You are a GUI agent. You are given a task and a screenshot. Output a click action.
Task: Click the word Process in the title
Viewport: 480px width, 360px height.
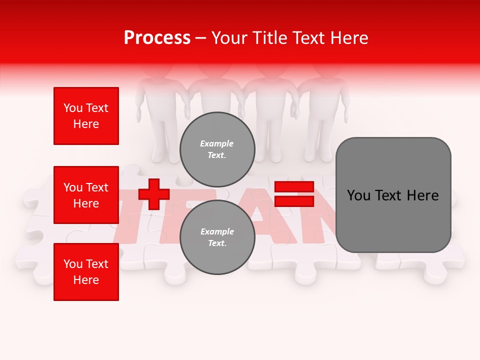157,38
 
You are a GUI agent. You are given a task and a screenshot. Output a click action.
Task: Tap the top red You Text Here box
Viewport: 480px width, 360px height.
86,116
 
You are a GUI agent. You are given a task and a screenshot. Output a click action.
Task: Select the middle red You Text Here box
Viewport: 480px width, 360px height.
86,195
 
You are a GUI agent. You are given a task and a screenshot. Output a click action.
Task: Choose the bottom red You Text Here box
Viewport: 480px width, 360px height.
86,272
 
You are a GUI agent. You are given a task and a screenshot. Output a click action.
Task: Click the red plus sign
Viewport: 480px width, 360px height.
154,194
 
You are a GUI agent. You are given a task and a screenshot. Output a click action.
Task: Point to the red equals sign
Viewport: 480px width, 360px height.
294,194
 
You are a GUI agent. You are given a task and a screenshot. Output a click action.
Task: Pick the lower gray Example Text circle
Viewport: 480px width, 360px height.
217,237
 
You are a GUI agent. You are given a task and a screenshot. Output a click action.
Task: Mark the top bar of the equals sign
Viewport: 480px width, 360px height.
294,187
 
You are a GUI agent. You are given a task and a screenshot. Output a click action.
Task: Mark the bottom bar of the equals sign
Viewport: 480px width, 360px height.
294,201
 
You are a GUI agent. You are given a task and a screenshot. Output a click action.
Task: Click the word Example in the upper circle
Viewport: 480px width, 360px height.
217,143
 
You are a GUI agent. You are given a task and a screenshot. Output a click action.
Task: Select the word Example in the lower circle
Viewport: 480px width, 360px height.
217,231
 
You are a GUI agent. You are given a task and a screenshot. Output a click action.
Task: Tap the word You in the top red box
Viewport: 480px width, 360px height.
73,108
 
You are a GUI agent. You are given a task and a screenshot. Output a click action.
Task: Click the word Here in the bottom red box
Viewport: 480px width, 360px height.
86,280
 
